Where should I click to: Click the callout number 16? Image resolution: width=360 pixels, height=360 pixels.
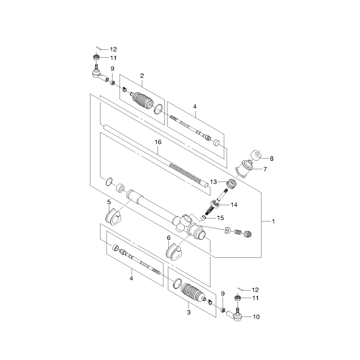158,142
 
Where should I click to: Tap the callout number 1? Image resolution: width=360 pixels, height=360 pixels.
273,221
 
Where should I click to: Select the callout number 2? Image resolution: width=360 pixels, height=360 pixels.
142,76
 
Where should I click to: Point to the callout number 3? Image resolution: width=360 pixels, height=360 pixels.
189,312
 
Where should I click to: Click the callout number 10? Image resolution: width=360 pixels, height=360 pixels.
256,317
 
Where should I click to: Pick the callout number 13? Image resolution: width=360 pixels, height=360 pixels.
213,182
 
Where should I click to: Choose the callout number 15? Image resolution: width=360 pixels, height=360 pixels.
220,218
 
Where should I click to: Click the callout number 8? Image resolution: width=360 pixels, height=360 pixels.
272,158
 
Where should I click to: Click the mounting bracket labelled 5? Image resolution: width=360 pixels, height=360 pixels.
113,216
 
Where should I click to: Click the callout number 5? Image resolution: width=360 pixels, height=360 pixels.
109,202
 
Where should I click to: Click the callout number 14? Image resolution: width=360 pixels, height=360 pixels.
234,205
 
